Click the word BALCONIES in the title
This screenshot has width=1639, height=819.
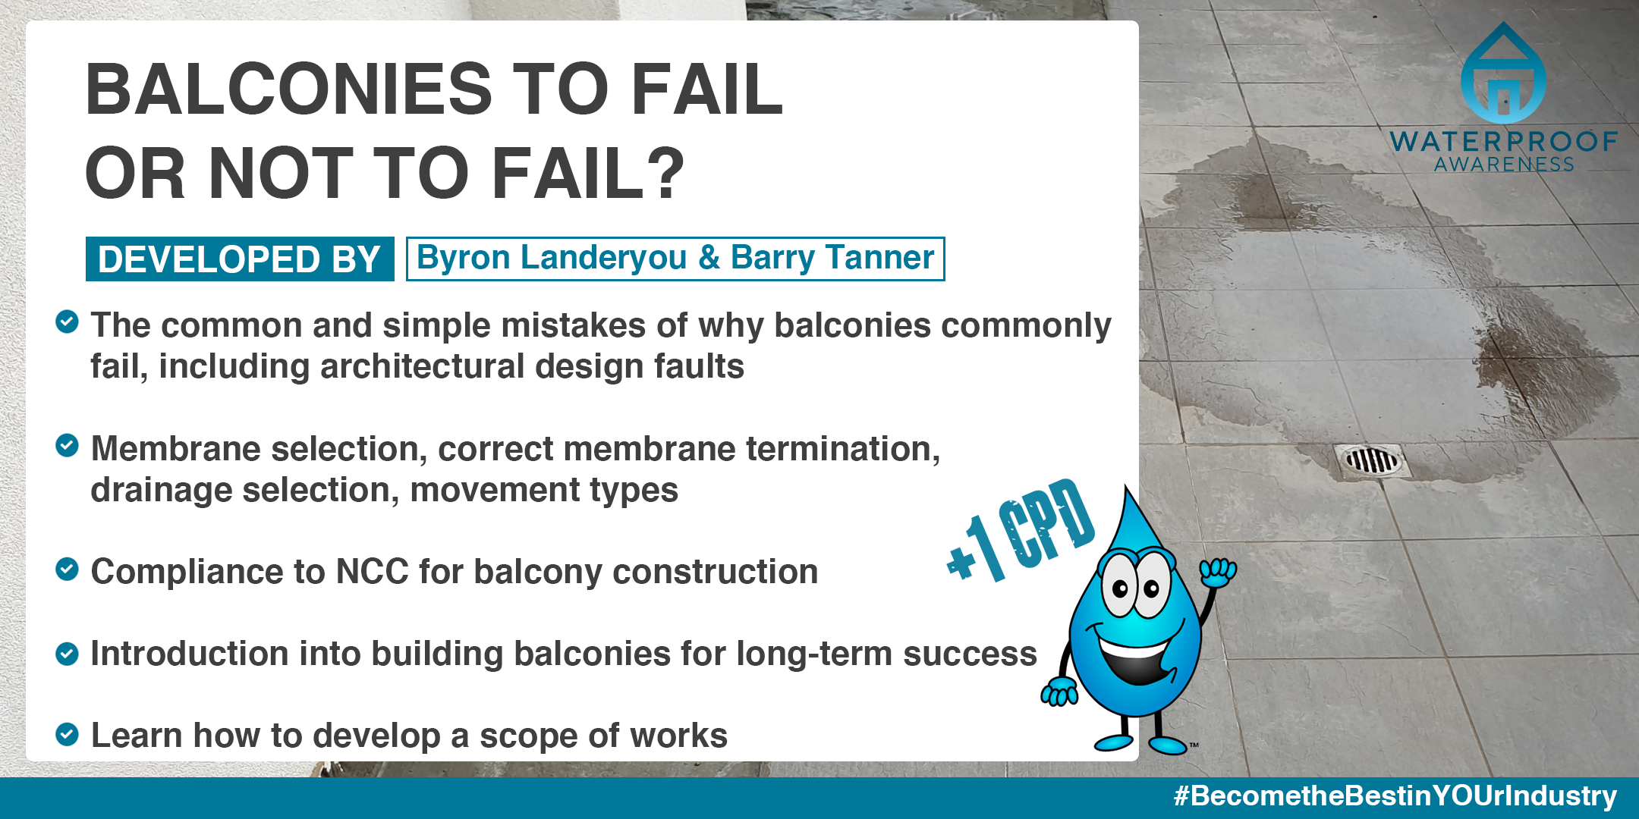[289, 89]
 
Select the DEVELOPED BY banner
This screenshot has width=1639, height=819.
[240, 259]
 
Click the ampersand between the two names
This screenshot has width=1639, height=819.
[709, 257]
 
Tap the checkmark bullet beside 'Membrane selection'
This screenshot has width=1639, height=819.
[67, 445]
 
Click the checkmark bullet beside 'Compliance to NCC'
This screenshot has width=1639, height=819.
[67, 569]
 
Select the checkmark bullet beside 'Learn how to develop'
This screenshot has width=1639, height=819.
[67, 733]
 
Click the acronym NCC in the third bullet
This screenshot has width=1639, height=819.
[373, 572]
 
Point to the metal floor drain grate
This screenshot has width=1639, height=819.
[1372, 460]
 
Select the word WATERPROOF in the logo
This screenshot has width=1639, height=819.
[1504, 142]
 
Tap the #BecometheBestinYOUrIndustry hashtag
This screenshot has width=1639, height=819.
[1395, 796]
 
